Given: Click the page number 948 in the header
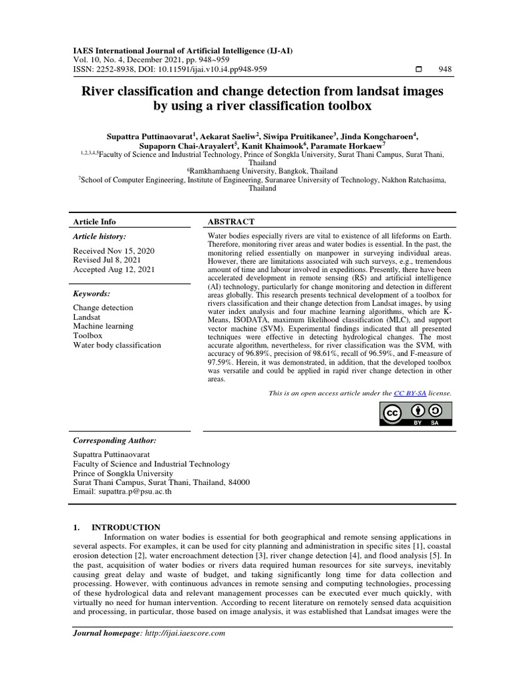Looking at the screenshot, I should pyautogui.click(x=445, y=69).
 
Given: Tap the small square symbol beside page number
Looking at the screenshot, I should pyautogui.click(x=419, y=69).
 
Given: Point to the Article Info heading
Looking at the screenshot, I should pyautogui.click(x=94, y=222).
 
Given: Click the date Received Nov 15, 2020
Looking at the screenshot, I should pyautogui.click(x=114, y=250).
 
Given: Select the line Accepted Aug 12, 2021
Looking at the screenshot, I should pyautogui.click(x=114, y=269).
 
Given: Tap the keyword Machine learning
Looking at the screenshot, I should pyautogui.click(x=103, y=326).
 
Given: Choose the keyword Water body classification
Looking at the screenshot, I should pyautogui.click(x=117, y=345).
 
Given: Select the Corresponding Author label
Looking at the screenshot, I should pyautogui.click(x=115, y=441).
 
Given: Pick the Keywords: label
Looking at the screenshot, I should pyautogui.click(x=92, y=293).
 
